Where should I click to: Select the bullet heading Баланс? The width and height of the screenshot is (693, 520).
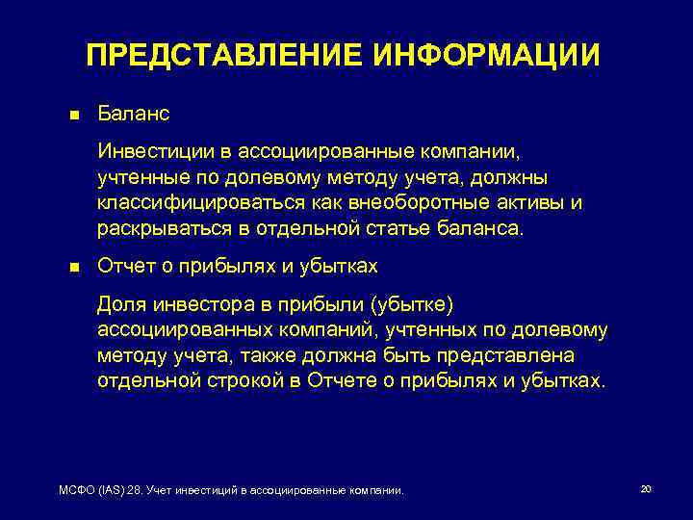pos(133,114)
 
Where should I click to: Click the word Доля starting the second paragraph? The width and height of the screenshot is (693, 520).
pos(119,304)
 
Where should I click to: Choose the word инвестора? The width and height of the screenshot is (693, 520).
pos(192,304)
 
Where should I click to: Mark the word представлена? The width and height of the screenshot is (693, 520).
pos(520,355)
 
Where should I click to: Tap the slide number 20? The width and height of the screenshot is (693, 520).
pos(646,489)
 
